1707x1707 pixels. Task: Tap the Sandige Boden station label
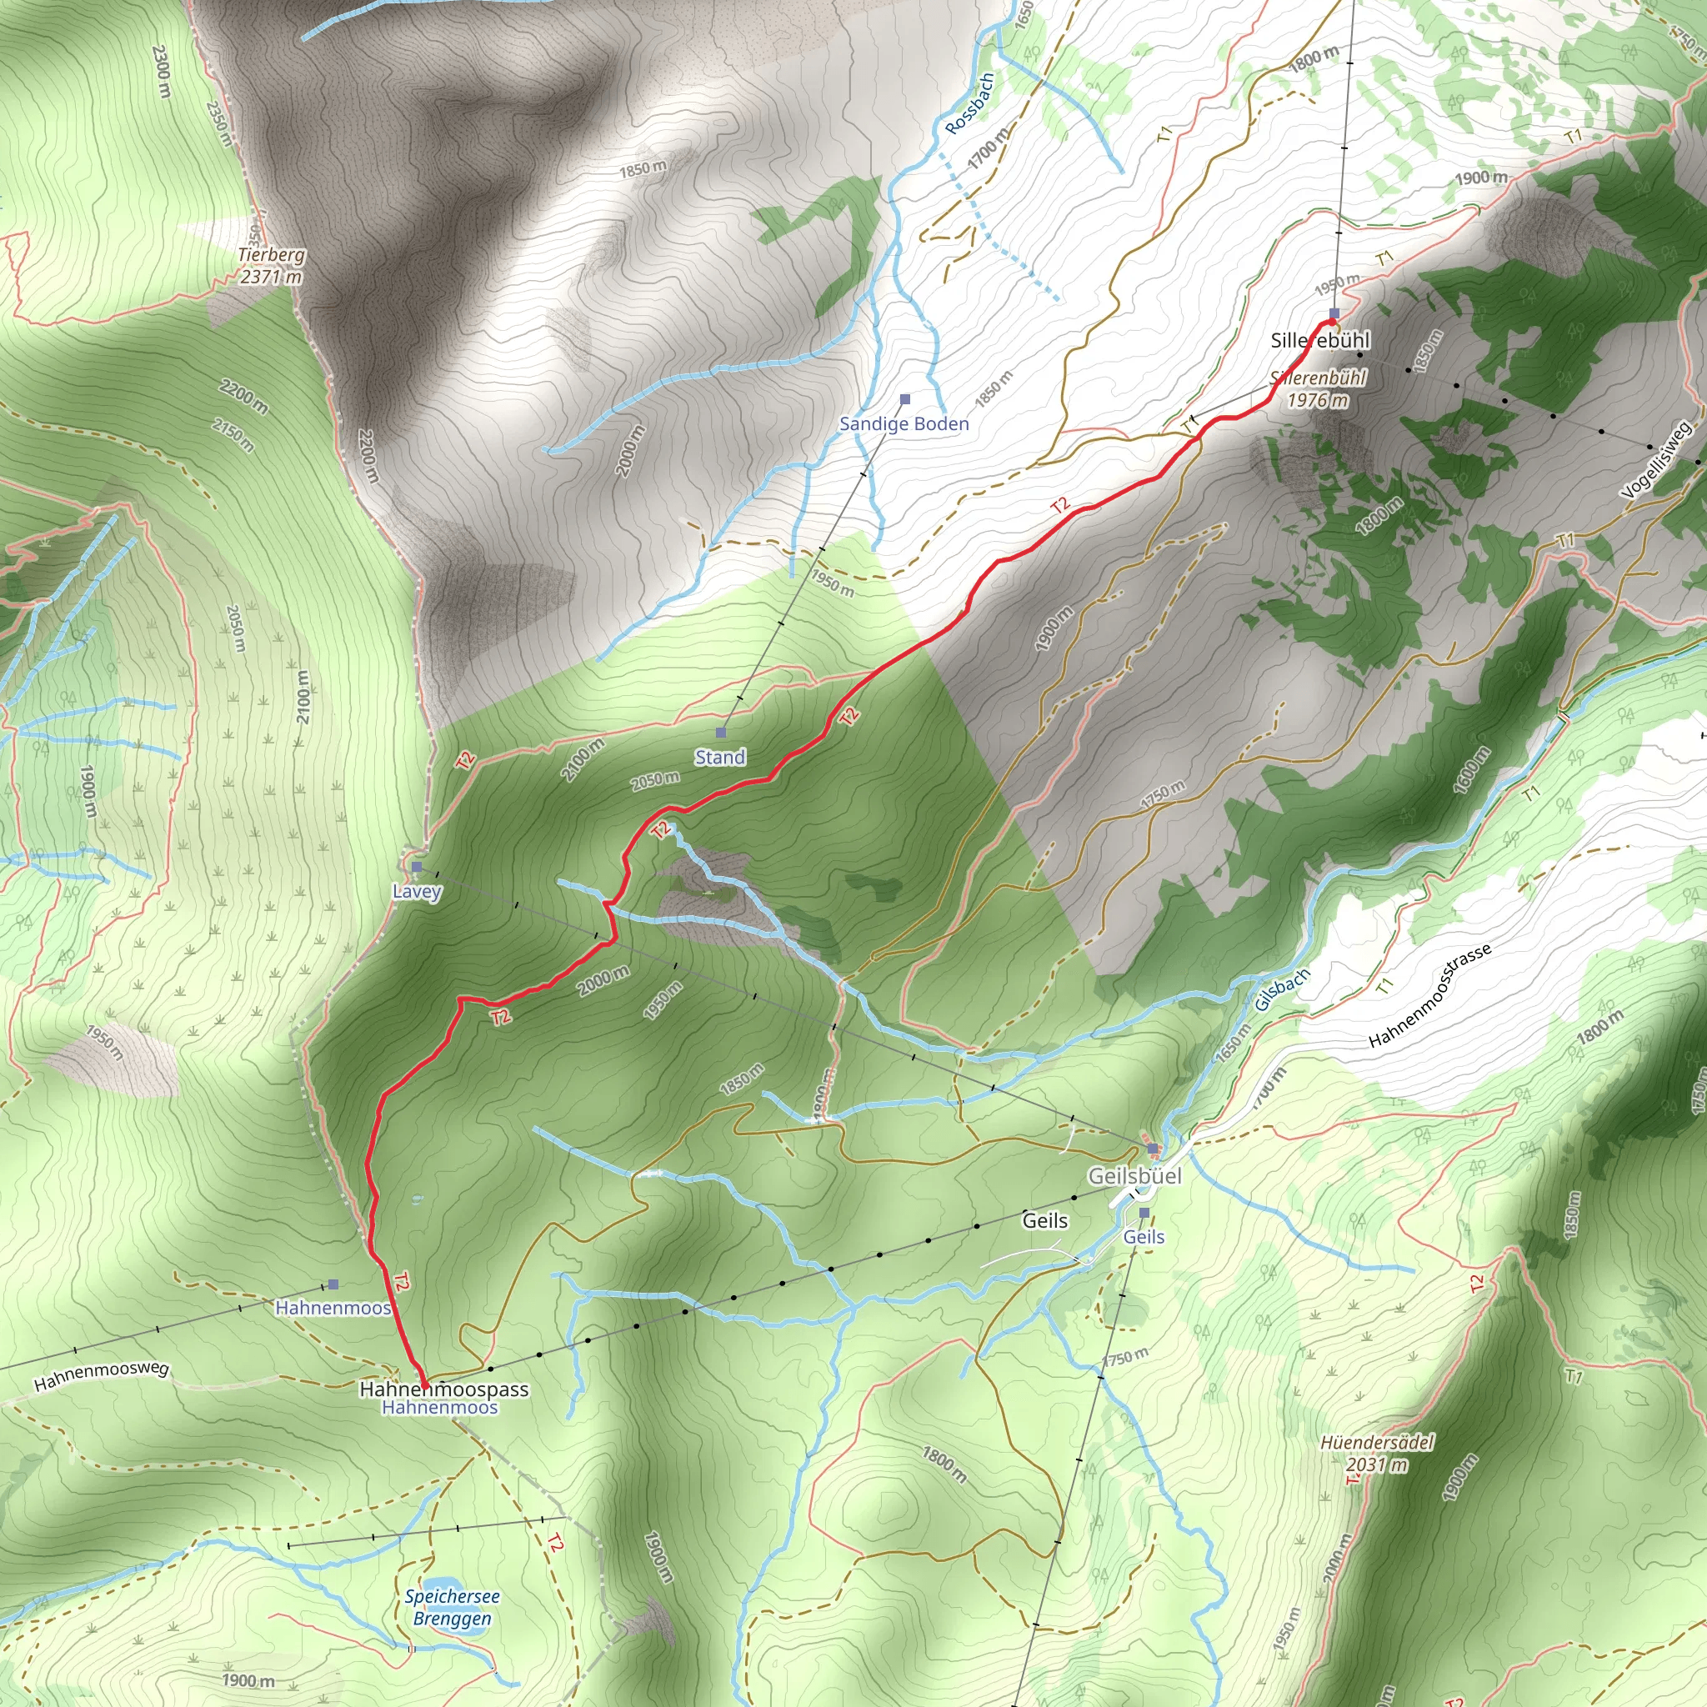pyautogui.click(x=904, y=424)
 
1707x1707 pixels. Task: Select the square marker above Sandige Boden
pyautogui.click(x=904, y=399)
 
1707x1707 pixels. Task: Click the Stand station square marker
pyautogui.click(x=721, y=733)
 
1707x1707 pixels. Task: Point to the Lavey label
pyautogui.click(x=416, y=891)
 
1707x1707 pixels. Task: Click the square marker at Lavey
pyautogui.click(x=417, y=867)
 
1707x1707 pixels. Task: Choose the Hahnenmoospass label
pyautogui.click(x=443, y=1389)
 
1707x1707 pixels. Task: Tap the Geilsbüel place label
pyautogui.click(x=1134, y=1176)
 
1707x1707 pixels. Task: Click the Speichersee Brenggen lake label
pyautogui.click(x=453, y=1607)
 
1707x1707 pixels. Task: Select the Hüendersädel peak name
pyautogui.click(x=1377, y=1442)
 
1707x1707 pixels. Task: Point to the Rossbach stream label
pyautogui.click(x=969, y=104)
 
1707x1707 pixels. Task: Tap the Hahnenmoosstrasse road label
pyautogui.click(x=1430, y=995)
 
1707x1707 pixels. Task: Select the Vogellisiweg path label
pyautogui.click(x=1657, y=460)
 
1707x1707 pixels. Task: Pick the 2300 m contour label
pyautogui.click(x=161, y=71)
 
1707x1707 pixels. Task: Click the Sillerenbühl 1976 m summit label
pyautogui.click(x=1319, y=388)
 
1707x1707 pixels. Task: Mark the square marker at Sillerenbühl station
pyautogui.click(x=1334, y=313)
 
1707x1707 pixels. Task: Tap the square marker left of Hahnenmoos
pyautogui.click(x=333, y=1284)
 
